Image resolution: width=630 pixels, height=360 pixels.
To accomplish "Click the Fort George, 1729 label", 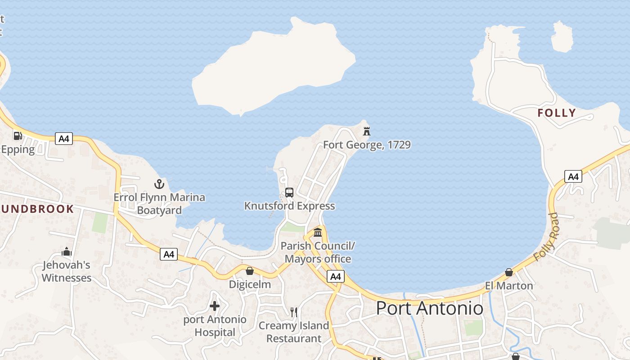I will coord(367,145).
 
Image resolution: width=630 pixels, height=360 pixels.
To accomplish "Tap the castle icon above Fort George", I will coord(367,131).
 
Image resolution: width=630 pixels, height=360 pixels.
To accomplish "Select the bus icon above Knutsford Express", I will coord(289,193).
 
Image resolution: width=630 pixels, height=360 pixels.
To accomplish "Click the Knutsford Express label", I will coord(289,206).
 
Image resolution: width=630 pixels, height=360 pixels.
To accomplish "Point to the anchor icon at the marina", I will coord(159,184).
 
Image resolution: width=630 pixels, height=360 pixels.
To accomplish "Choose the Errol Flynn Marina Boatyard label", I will coord(159,204).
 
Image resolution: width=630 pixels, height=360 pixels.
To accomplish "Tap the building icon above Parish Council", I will coord(318,232).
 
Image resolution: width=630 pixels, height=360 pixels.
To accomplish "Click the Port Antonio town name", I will coord(429,308).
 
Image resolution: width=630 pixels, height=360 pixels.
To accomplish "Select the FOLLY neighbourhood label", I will coord(557,113).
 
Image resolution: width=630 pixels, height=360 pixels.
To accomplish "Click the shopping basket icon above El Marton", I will coord(509,272).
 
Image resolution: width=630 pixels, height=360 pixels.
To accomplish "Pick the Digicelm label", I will coord(250,284).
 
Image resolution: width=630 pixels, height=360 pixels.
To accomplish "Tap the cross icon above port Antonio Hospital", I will coord(215,306).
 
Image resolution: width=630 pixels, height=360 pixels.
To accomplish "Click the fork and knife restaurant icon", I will coord(294,312).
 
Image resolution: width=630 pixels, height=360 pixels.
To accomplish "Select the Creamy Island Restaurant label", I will coord(294,332).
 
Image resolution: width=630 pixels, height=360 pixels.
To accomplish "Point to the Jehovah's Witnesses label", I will coord(67,271).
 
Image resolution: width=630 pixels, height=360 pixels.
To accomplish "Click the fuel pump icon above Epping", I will coord(18,135).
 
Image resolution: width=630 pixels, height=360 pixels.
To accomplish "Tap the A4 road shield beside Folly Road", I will coord(573,176).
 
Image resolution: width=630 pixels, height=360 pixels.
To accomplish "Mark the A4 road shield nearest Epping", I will coord(64,139).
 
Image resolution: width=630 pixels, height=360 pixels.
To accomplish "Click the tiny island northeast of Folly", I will coord(562,36).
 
